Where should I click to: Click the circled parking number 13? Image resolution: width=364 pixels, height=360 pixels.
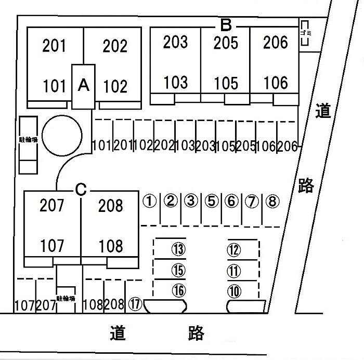click(x=178, y=250)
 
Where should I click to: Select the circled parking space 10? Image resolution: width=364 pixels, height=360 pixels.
click(x=235, y=291)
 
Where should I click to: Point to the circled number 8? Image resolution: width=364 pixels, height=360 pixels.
click(x=271, y=201)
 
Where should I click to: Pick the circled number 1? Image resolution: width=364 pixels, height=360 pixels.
click(x=150, y=201)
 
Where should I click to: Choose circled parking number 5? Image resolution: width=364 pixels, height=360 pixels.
click(x=211, y=201)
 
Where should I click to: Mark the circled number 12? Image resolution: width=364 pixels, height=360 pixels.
click(x=235, y=250)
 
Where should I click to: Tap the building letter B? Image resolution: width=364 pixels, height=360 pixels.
click(x=226, y=24)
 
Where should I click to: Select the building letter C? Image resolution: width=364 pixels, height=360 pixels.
click(x=80, y=190)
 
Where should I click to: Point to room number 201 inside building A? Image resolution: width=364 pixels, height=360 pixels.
click(x=54, y=46)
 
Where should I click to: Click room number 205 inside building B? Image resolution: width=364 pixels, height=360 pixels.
click(x=226, y=42)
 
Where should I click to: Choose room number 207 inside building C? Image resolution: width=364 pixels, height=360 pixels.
click(x=52, y=206)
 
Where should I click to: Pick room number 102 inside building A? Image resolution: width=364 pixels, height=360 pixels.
click(x=115, y=86)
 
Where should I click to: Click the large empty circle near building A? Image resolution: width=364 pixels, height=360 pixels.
click(x=61, y=135)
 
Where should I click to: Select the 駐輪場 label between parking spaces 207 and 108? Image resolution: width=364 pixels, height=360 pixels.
click(x=66, y=298)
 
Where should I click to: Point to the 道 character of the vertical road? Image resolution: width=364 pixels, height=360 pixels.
click(x=323, y=111)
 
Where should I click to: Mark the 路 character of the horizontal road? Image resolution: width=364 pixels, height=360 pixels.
click(x=196, y=333)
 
